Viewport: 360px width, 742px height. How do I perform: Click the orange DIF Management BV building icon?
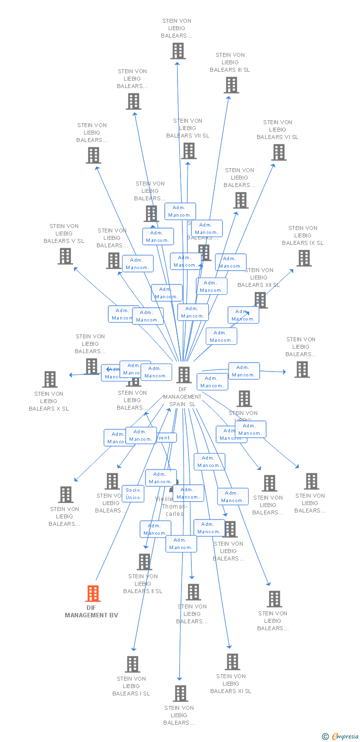[93, 594]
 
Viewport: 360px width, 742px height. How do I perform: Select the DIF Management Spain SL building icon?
[184, 375]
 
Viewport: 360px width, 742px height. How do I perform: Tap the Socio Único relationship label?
[133, 494]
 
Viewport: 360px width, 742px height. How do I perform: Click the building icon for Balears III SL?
[231, 85]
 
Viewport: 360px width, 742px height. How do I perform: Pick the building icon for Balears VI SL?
[279, 152]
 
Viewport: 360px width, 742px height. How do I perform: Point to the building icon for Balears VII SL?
[188, 151]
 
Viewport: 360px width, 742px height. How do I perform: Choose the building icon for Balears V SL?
[65, 256]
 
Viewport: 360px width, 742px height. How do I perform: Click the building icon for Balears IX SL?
[304, 258]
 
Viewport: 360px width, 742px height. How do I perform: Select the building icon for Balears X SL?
[49, 379]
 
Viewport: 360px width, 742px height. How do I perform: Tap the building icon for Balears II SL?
[144, 562]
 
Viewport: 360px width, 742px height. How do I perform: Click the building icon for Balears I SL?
[132, 664]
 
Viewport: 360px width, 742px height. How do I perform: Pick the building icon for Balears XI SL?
[232, 662]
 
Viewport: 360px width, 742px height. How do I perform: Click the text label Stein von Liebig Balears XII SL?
[259, 278]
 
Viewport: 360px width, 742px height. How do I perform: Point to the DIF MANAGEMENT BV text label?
[91, 611]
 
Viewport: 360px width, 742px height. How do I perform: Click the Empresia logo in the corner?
[345, 737]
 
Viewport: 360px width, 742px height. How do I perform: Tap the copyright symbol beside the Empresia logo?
[325, 737]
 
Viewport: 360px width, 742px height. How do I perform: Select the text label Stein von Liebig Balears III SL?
[230, 62]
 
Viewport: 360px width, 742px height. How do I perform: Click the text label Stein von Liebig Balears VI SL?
[277, 130]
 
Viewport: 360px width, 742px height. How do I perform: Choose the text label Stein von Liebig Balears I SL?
[131, 686]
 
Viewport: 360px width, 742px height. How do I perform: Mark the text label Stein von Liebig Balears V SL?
[64, 233]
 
